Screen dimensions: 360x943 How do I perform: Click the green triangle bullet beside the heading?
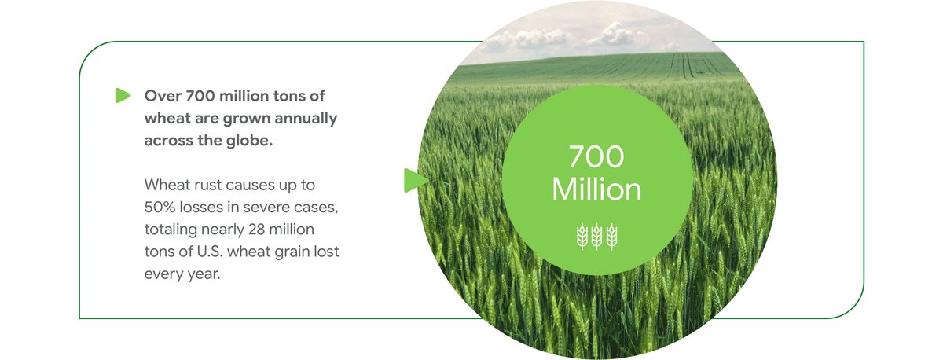[122, 96]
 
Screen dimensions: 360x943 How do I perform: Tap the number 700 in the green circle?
[596, 157]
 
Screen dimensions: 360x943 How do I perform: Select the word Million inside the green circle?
[596, 189]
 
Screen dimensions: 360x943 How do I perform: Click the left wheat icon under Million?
[582, 235]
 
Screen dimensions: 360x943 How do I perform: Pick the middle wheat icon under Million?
[597, 235]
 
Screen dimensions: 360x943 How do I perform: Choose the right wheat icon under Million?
[611, 235]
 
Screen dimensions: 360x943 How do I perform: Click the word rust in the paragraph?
[212, 186]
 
